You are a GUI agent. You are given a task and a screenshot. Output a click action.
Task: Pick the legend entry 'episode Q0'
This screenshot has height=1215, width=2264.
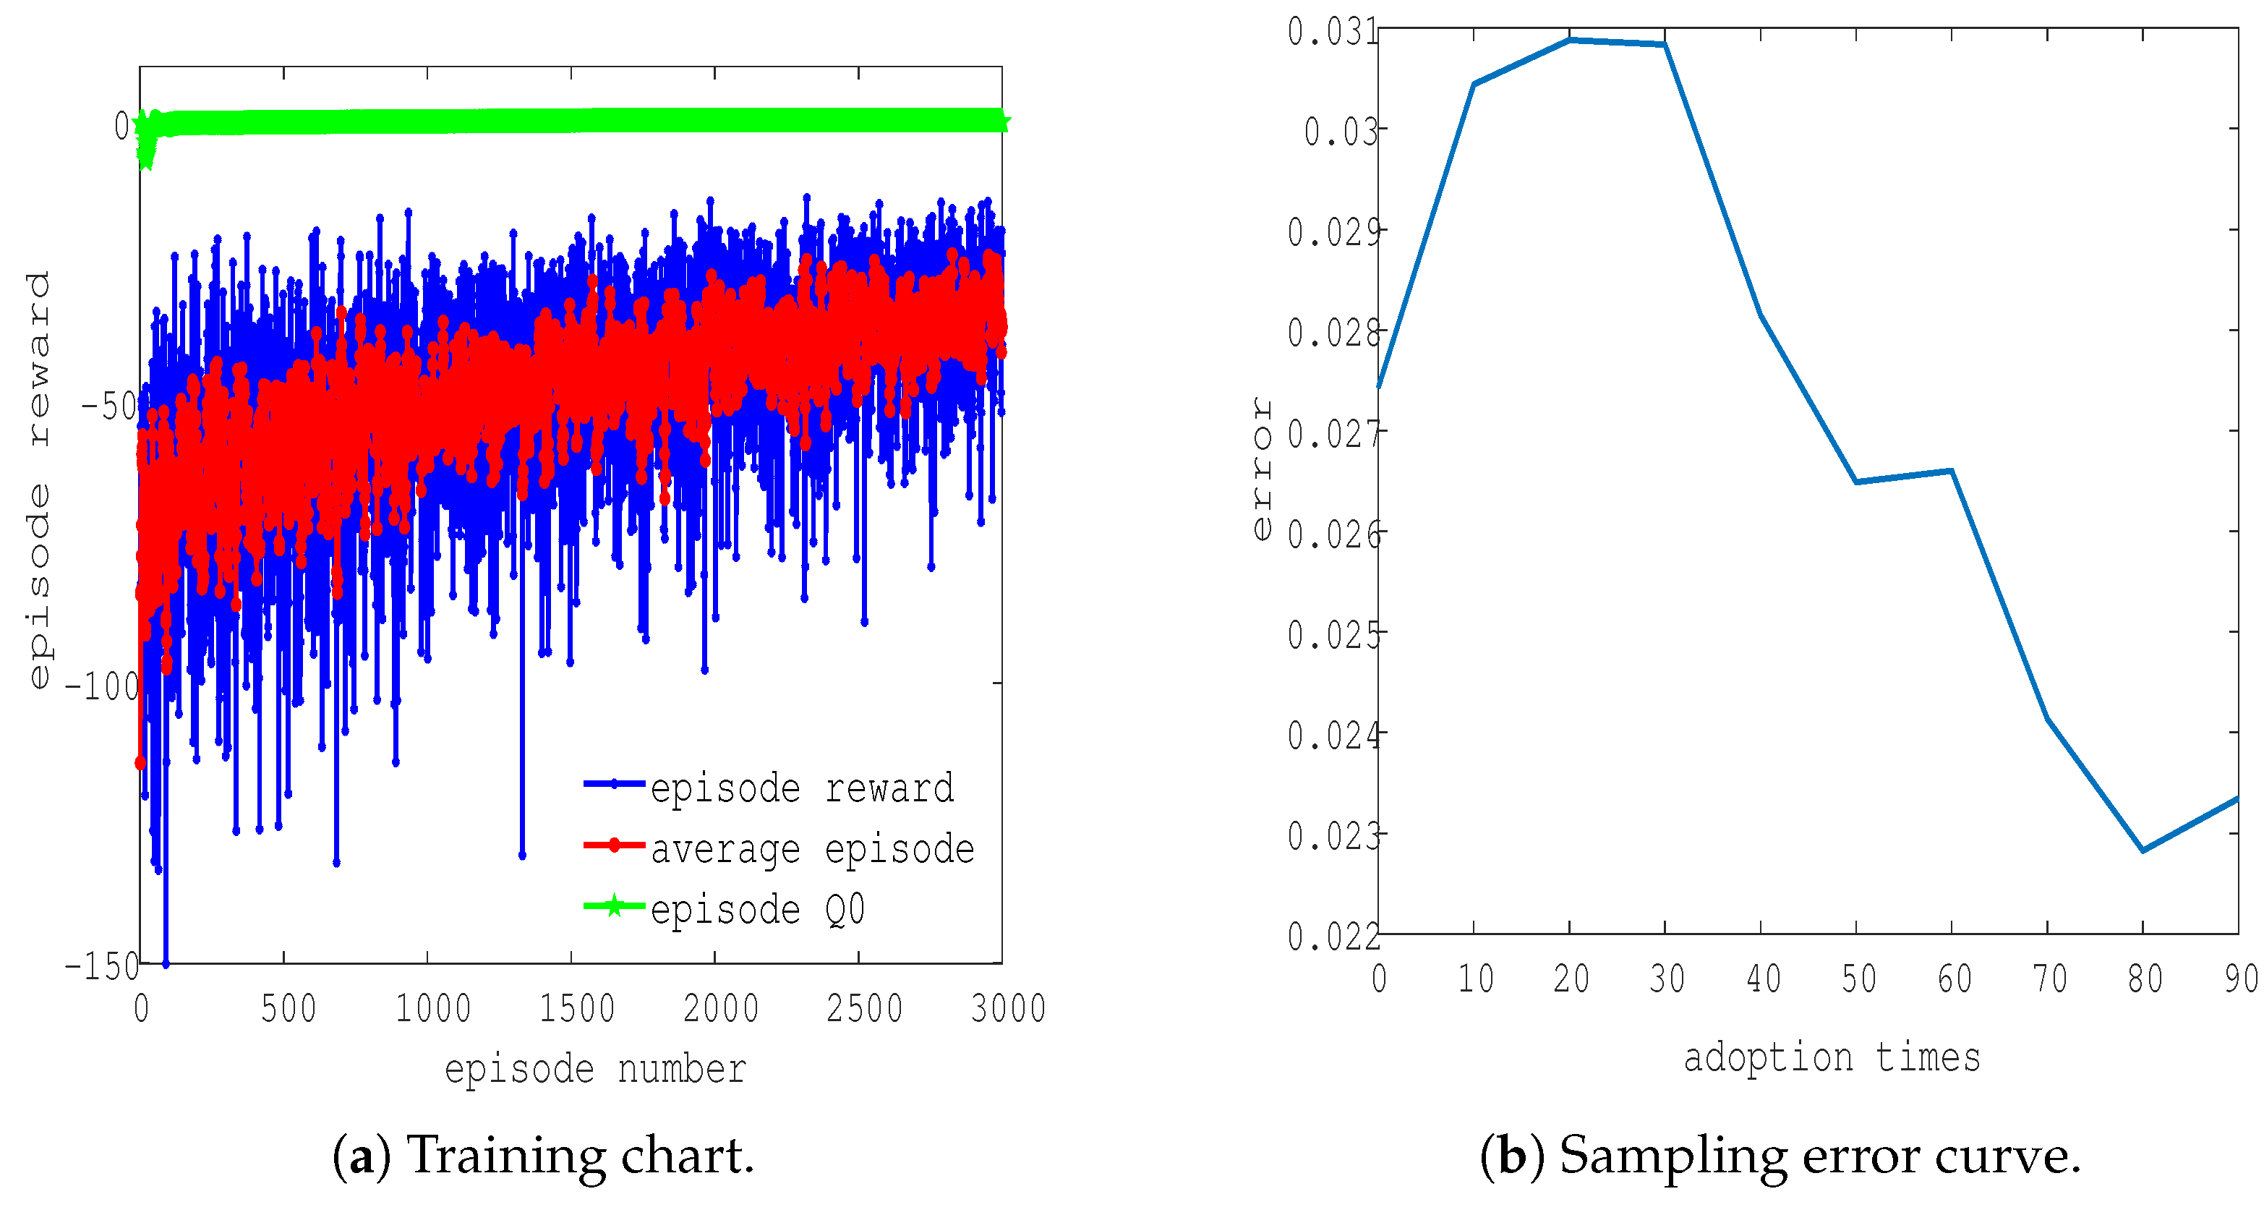pos(757,909)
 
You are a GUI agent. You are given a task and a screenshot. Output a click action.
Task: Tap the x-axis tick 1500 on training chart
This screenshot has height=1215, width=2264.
pos(576,1007)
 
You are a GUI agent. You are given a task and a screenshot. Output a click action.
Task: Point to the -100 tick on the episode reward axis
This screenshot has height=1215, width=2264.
pos(102,686)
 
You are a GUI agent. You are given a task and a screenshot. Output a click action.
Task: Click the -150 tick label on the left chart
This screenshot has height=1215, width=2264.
pos(102,966)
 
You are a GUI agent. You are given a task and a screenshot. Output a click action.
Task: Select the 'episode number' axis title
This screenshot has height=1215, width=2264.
pos(595,1069)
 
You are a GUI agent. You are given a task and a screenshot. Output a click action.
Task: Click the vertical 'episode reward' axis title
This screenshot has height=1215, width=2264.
pos(38,479)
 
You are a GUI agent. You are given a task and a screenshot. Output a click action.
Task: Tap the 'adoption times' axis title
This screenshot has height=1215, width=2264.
pos(1832,1057)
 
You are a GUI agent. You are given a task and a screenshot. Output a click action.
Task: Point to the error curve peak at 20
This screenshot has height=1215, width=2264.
pos(1570,40)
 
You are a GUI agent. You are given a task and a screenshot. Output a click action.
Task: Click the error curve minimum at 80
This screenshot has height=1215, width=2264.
pos(2143,850)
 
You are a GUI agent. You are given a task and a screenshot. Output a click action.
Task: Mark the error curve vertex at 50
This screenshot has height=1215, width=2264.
pos(1856,482)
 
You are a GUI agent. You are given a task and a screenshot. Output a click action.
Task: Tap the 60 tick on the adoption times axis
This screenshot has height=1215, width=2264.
pos(1954,979)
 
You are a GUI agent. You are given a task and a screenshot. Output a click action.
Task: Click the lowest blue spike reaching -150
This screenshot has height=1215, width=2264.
pos(166,962)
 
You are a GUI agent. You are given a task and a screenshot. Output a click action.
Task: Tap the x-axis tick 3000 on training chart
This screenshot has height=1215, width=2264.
pos(1007,1007)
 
